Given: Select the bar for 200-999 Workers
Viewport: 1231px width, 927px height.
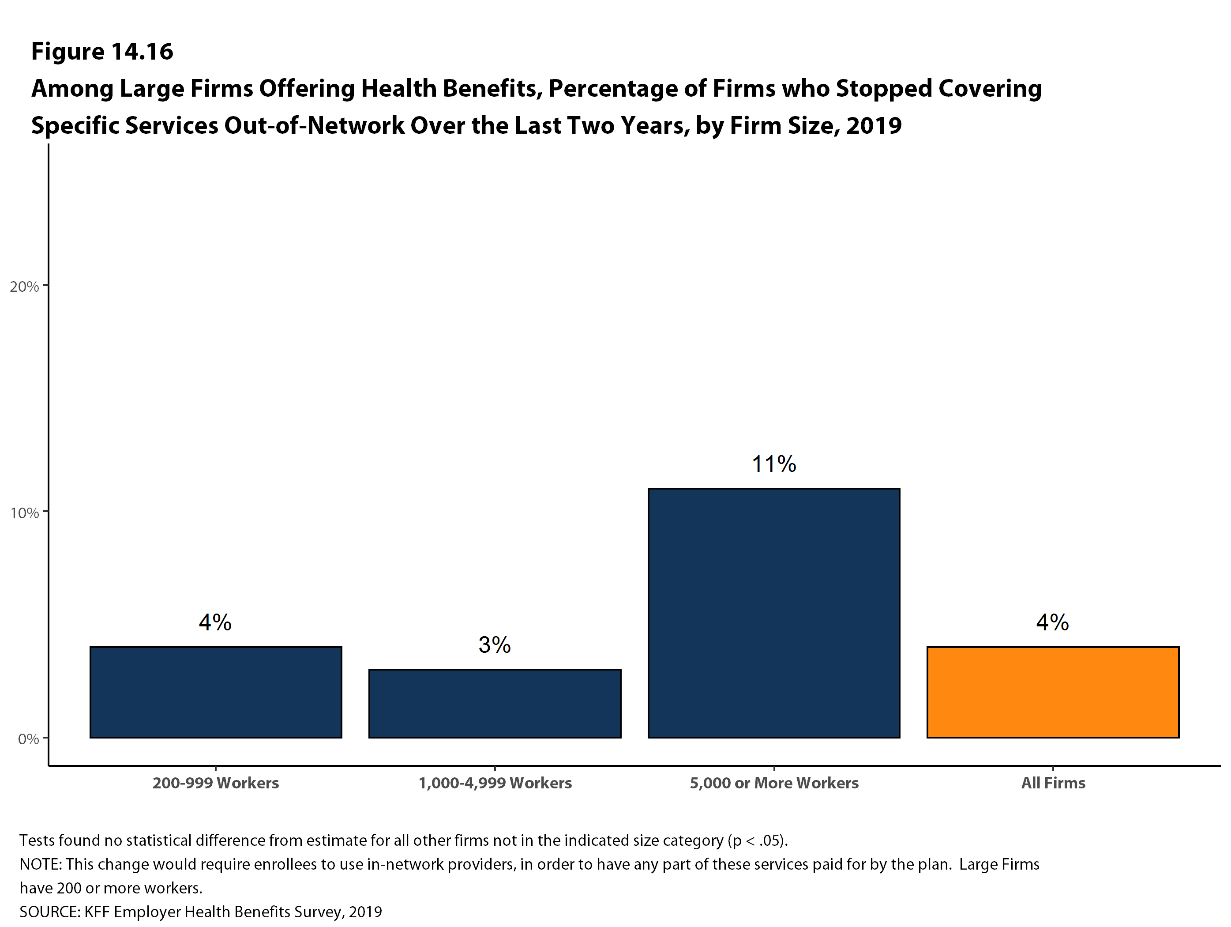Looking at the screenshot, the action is (216, 692).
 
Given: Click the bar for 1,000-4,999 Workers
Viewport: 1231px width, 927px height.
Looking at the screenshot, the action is (495, 704).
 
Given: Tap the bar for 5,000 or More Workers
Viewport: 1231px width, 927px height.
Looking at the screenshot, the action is (774, 613).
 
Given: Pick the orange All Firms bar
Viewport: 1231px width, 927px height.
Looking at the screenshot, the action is (1053, 692).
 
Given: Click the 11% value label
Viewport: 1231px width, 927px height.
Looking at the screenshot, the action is (774, 464).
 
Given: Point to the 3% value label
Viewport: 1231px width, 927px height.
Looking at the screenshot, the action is (495, 645).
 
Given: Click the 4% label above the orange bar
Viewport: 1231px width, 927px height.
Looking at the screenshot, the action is (1052, 622).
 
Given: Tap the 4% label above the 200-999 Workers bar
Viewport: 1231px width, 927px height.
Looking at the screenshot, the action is (215, 622).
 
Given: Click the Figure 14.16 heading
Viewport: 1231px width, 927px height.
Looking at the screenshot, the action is (102, 52).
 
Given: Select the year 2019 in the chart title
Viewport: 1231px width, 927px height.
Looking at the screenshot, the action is (874, 126).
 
